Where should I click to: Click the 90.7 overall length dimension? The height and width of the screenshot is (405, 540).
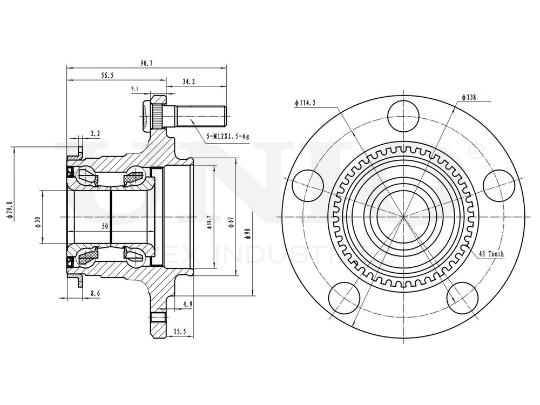(146, 63)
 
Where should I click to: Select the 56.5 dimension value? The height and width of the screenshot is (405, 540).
(107, 76)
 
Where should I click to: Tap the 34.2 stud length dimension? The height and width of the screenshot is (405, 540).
(188, 82)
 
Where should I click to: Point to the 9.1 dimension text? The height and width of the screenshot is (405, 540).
(134, 89)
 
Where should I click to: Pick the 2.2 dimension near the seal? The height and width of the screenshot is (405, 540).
(95, 132)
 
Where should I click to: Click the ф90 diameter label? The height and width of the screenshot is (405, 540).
(247, 234)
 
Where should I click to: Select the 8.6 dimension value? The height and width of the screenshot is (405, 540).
(95, 293)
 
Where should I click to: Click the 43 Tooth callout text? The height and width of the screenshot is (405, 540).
(491, 254)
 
